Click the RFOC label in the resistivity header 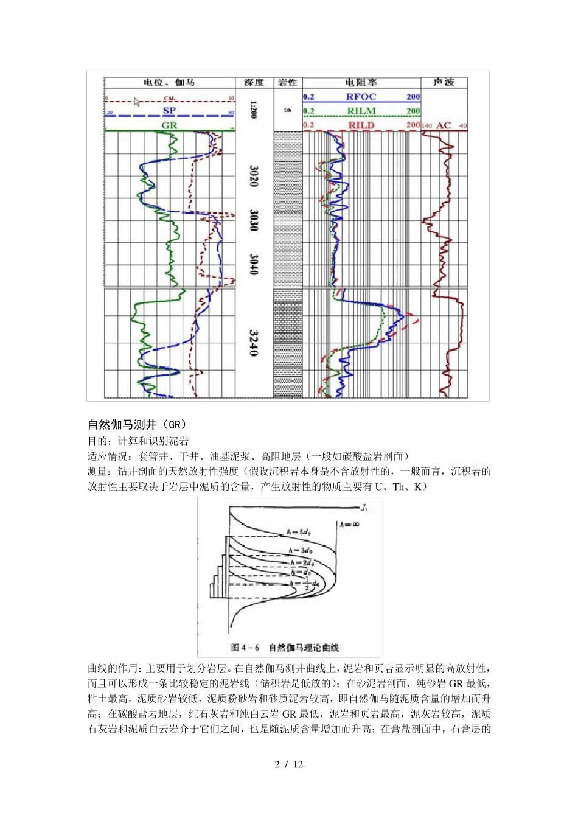tap(361, 97)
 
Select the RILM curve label tap(361, 111)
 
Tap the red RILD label tap(361, 125)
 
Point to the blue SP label tap(169, 111)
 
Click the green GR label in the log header tap(169, 125)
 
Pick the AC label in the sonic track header tap(444, 126)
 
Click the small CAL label tap(170, 98)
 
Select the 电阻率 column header tap(361, 82)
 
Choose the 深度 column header tap(254, 82)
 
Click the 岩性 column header tap(287, 82)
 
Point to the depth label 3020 tap(254, 175)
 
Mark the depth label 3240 tap(254, 343)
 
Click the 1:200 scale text tap(254, 110)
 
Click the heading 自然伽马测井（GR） tap(137, 424)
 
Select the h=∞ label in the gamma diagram tap(350, 523)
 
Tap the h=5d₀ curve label tap(299, 533)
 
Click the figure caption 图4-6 tap(245, 648)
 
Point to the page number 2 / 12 tap(289, 764)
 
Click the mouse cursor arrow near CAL tap(136, 101)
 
